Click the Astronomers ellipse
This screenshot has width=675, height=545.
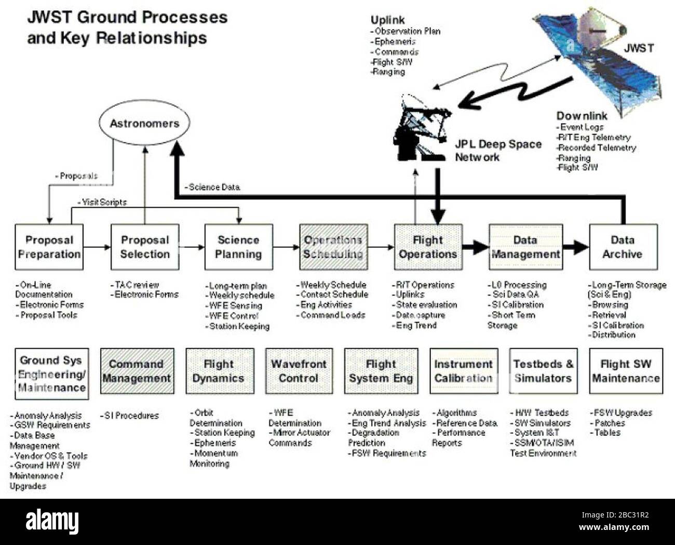tap(144, 124)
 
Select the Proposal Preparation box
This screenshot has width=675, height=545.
tap(49, 247)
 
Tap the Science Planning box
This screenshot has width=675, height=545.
tap(238, 247)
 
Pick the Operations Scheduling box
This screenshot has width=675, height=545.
tap(333, 247)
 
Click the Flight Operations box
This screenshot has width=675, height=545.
tap(428, 247)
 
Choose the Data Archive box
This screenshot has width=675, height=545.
tap(623, 247)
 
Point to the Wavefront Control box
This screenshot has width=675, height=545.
tap(299, 371)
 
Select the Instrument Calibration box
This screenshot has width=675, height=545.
tap(464, 371)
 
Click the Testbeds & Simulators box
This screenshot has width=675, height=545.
tap(543, 371)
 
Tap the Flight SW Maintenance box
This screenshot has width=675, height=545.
tap(626, 371)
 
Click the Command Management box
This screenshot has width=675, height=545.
tap(137, 371)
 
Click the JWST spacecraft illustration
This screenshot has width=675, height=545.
tap(597, 52)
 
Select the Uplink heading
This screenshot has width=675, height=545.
tap(387, 20)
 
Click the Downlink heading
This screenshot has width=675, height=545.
tap(582, 116)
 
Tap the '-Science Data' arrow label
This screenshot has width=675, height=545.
tap(212, 187)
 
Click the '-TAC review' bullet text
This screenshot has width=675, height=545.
tap(134, 285)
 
